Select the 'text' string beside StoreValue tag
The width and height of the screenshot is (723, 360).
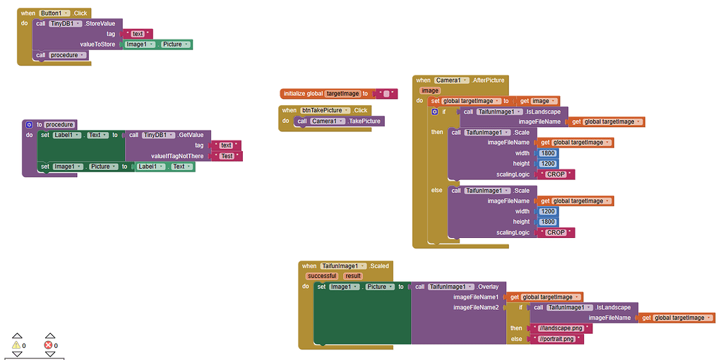138,34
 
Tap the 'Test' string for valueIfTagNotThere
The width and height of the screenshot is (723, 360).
227,156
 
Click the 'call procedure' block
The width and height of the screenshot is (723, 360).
61,55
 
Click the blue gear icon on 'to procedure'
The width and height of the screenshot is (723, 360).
30,124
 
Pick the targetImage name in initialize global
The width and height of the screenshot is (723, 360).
342,94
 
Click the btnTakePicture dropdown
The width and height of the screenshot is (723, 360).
325,110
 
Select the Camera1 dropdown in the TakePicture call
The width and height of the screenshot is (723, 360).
328,121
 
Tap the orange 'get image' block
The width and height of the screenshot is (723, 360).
538,101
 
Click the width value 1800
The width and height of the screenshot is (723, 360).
546,153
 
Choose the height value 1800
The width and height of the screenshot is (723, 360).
548,222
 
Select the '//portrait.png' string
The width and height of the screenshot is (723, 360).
557,340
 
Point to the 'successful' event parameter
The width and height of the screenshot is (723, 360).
322,276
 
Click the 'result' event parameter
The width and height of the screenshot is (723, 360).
353,276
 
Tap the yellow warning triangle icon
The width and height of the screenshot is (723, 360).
16,345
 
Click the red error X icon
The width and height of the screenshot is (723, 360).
49,345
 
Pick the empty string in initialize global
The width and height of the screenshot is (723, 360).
386,94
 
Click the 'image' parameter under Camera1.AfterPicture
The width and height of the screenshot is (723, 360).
429,91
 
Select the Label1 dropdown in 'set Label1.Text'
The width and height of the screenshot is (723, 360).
68,135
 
